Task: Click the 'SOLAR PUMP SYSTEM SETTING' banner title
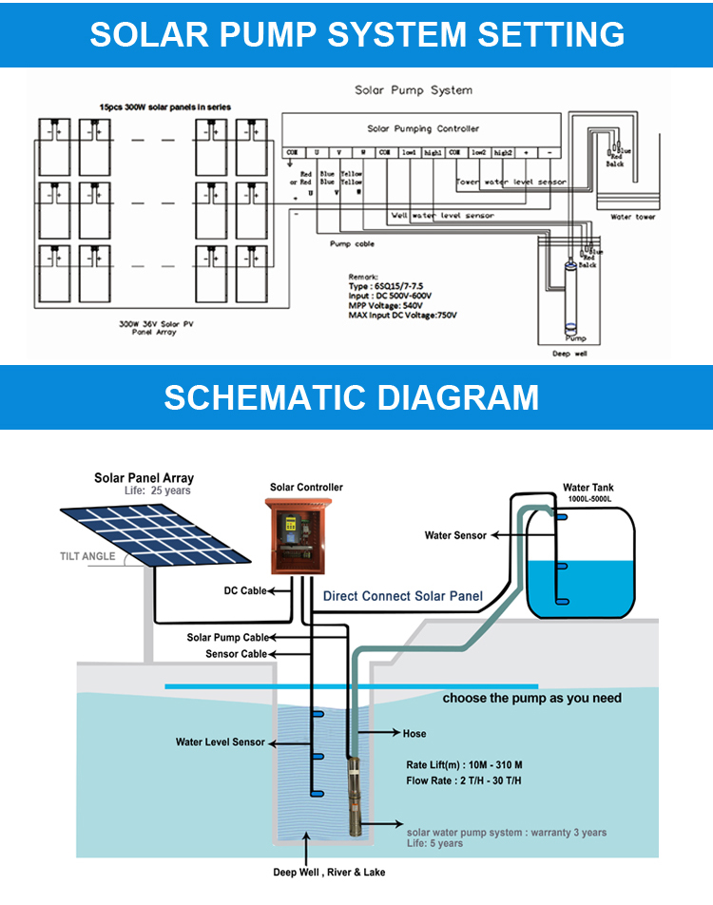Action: (356, 34)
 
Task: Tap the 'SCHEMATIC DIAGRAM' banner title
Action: (351, 396)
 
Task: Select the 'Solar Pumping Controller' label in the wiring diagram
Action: (423, 128)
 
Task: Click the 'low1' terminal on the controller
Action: (409, 152)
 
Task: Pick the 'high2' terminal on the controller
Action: (503, 152)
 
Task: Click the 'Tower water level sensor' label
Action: (511, 182)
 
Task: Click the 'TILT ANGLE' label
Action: (87, 556)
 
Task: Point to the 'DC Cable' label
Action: (244, 590)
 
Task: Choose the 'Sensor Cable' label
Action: (236, 654)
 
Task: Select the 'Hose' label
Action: (414, 734)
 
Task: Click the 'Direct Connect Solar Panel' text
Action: (402, 596)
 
